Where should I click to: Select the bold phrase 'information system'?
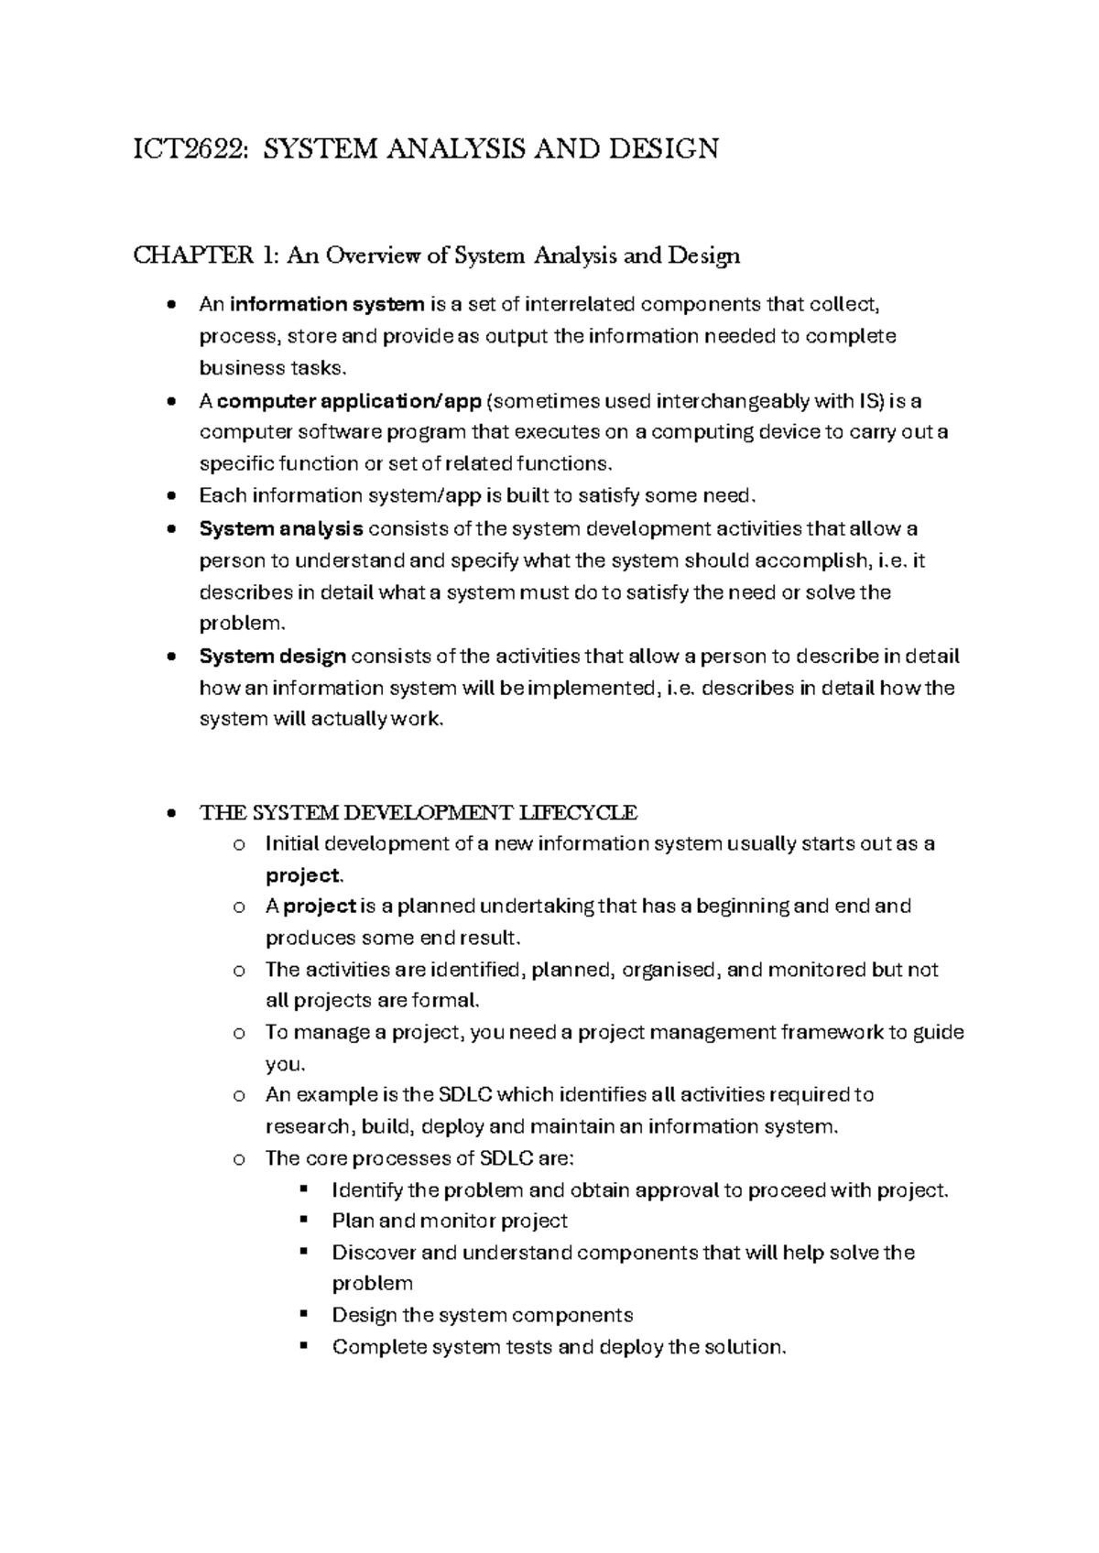[327, 304]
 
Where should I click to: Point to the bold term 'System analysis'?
[281, 528]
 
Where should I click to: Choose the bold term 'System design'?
[273, 656]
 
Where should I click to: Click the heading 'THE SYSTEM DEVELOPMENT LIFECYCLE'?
[419, 812]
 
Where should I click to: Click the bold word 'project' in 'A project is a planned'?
[320, 907]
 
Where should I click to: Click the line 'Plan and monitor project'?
[450, 1221]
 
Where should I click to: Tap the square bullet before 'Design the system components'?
[304, 1314]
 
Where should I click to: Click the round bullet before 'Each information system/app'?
[170, 495]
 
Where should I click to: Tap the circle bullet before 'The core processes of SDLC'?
[240, 1158]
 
